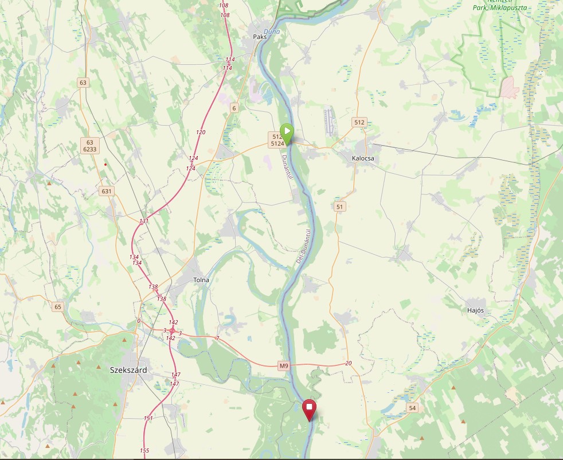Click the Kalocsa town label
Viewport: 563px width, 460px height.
363,158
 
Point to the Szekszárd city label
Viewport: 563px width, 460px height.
128,370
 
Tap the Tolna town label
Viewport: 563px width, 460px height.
201,280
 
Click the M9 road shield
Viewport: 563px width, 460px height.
284,365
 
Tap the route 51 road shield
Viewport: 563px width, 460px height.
341,206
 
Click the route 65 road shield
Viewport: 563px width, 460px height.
57,307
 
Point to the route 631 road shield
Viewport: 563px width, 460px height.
107,191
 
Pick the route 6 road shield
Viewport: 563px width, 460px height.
234,108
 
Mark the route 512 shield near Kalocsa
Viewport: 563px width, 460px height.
359,122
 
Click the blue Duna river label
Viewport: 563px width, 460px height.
272,32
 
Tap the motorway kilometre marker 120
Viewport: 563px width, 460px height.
201,132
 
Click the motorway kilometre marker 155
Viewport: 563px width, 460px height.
144,451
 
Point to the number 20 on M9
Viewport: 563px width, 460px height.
348,364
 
